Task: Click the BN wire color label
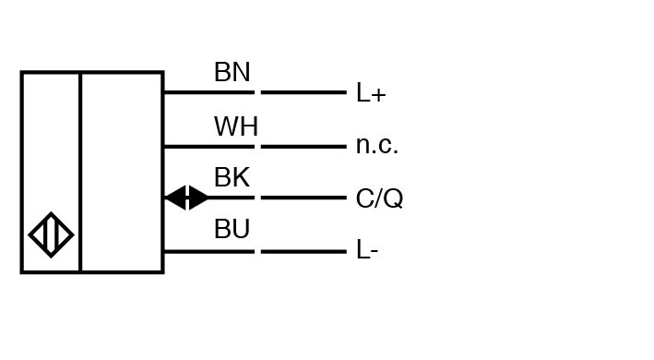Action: (232, 72)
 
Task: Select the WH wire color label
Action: (236, 126)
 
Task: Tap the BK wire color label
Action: (232, 177)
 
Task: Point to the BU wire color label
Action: (232, 229)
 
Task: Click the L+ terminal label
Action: (371, 93)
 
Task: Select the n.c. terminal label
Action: (377, 146)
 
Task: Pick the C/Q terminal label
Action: (379, 198)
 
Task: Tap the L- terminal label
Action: (367, 250)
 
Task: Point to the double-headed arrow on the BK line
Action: (186, 198)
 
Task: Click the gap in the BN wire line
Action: (257, 92)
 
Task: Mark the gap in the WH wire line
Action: (257, 147)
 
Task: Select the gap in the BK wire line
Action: (257, 198)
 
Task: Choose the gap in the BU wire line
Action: (257, 252)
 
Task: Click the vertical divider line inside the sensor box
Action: (80, 173)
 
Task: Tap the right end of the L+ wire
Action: (346, 92)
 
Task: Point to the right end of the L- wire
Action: (346, 252)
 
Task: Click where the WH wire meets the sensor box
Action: (164, 147)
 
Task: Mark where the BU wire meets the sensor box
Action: (164, 252)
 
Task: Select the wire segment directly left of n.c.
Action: (303, 147)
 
